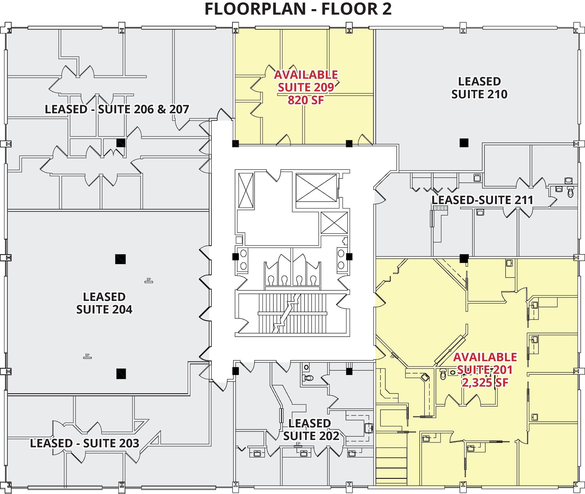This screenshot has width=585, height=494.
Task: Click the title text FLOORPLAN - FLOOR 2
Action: [x=298, y=9]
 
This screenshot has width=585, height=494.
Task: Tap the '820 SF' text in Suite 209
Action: [x=306, y=100]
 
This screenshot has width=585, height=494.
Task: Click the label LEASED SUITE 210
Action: [x=479, y=88]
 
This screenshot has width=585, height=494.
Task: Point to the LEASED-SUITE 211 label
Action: [x=482, y=200]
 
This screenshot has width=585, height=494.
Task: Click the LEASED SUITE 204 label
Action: [x=104, y=303]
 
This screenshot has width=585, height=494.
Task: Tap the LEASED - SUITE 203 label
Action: [x=85, y=443]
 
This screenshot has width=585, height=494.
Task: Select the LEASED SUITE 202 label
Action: [x=311, y=430]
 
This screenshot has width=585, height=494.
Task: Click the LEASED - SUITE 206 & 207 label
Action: [x=117, y=109]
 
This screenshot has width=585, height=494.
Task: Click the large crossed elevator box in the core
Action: [x=316, y=188]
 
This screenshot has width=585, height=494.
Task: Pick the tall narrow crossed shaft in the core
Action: [x=246, y=190]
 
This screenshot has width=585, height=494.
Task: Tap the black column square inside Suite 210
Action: [x=464, y=143]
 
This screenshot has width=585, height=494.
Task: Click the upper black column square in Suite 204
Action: [x=120, y=259]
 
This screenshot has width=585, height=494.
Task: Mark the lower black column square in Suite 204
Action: [x=121, y=373]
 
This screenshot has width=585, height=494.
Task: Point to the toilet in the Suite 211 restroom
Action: [x=570, y=192]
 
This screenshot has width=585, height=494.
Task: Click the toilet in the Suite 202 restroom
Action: [x=308, y=378]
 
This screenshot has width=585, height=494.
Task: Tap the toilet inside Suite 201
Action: [x=443, y=374]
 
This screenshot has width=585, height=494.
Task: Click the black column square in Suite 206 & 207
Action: [x=121, y=143]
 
